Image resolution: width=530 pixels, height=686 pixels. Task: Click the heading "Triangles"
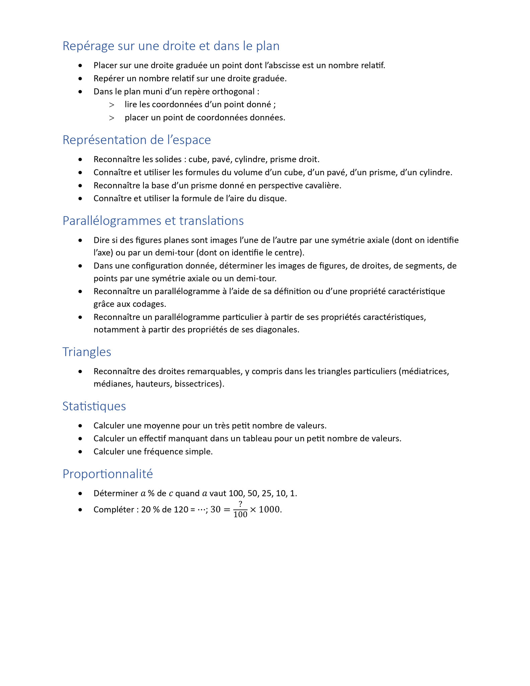pyautogui.click(x=87, y=352)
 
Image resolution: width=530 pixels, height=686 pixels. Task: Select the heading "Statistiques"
pyautogui.click(x=94, y=406)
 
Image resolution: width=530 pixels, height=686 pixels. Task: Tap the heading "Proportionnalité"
pyautogui.click(x=107, y=474)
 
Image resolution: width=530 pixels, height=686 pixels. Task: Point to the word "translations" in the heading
pyautogui.click(x=211, y=221)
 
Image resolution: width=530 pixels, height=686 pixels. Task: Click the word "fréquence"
pyautogui.click(x=161, y=452)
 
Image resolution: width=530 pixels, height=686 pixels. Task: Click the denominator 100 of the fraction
pyautogui.click(x=240, y=514)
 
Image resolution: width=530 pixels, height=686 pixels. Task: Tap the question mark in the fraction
pyautogui.click(x=240, y=504)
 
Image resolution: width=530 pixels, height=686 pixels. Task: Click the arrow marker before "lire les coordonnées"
pyautogui.click(x=111, y=105)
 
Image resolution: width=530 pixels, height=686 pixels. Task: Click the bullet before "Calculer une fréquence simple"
pyautogui.click(x=80, y=452)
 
